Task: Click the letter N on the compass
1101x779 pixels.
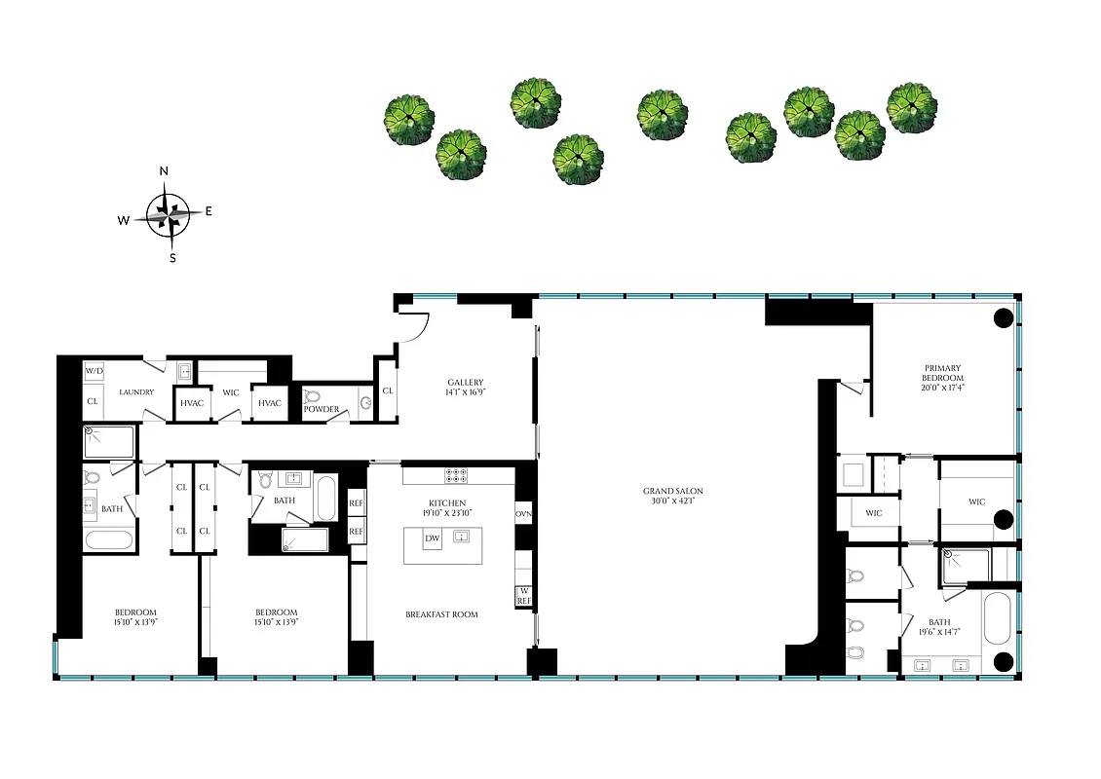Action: pos(164,171)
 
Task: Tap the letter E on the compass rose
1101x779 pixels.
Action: pos(209,211)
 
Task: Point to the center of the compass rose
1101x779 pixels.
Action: pos(168,213)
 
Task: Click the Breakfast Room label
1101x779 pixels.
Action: pos(441,614)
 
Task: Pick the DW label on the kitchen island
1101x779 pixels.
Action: pos(431,538)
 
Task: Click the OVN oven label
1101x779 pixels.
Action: pos(524,513)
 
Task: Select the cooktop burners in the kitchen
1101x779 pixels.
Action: pos(458,476)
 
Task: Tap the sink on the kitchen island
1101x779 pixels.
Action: pos(462,537)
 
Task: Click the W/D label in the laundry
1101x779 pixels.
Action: pos(94,371)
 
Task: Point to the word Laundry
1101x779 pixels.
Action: pos(136,391)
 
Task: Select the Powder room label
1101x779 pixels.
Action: pos(321,409)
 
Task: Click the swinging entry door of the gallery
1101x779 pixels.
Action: pos(415,327)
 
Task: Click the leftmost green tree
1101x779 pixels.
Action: pos(407,120)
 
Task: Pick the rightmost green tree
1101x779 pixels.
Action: pos(912,107)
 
